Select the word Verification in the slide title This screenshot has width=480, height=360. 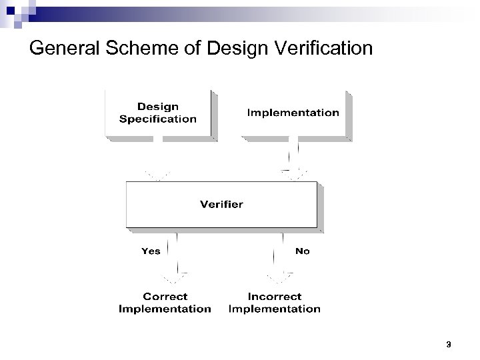pyautogui.click(x=315, y=49)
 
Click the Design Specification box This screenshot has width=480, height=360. pyautogui.click(x=158, y=113)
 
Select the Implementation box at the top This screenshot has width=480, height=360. pyautogui.click(x=293, y=113)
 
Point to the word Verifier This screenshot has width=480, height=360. pyautogui.click(x=222, y=204)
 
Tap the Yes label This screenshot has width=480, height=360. pyautogui.click(x=151, y=251)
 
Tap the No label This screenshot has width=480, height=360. pyautogui.click(x=302, y=251)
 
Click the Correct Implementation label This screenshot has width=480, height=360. pyautogui.click(x=165, y=302)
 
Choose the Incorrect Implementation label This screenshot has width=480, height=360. pyautogui.click(x=274, y=302)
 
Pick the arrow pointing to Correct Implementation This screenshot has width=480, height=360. pyautogui.click(x=177, y=257)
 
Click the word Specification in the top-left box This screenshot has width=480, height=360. pyautogui.click(x=158, y=119)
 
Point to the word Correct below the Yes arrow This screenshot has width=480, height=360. pyautogui.click(x=165, y=296)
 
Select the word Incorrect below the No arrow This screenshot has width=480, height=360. pyautogui.click(x=274, y=296)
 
